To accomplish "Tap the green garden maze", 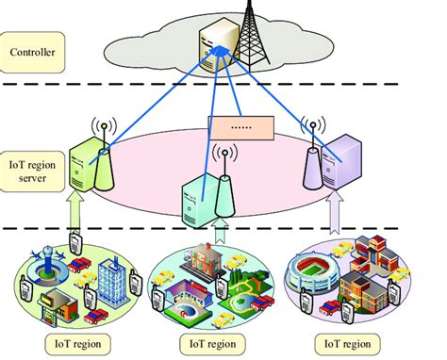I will (207, 286).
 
